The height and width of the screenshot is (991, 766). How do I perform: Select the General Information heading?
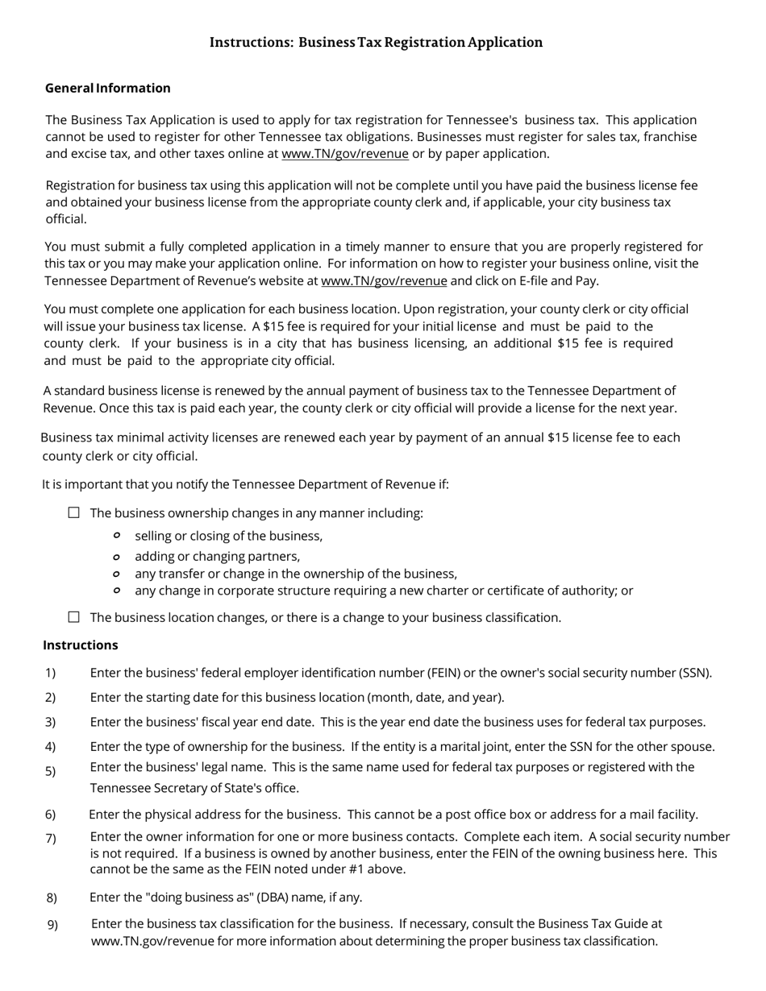click(108, 88)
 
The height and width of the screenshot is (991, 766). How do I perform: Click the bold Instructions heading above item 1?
click(81, 645)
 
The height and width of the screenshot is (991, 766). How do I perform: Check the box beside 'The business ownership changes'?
click(74, 512)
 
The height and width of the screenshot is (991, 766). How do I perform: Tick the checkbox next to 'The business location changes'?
click(74, 617)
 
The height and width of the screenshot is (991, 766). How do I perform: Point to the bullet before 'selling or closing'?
click(117, 536)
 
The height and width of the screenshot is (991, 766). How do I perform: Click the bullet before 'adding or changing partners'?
click(117, 556)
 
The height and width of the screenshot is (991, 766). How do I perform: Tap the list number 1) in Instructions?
click(51, 673)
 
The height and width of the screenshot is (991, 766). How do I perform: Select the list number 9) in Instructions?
click(52, 925)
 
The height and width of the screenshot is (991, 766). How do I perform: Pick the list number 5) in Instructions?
click(51, 772)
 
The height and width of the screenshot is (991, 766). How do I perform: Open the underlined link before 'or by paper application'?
click(345, 154)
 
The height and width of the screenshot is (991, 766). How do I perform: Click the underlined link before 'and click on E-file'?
click(384, 281)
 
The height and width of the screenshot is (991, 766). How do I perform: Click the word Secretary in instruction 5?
click(181, 788)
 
